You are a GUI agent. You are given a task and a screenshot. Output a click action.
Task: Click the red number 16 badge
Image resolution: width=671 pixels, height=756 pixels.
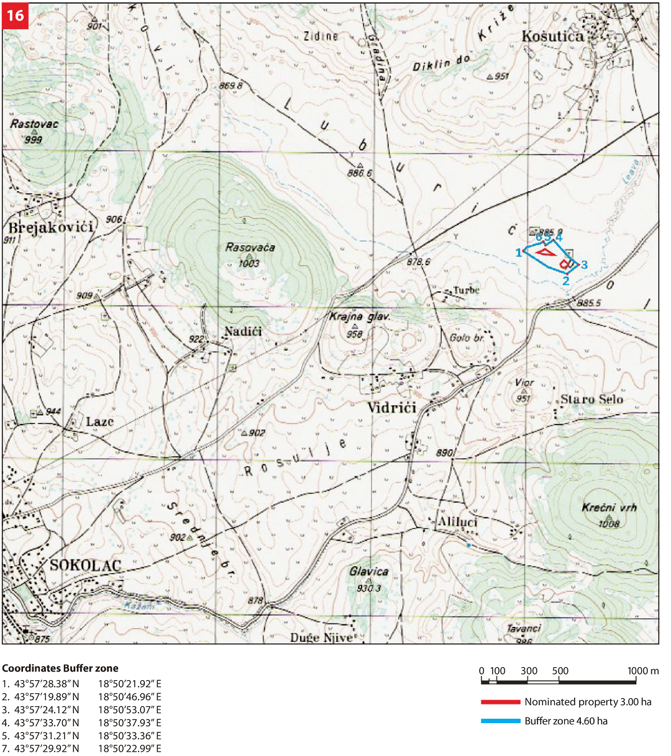tap(15, 15)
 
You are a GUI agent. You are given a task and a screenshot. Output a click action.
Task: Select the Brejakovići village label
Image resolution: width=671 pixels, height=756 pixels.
tap(51, 227)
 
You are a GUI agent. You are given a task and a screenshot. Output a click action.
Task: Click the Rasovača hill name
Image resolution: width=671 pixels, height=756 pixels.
tap(250, 248)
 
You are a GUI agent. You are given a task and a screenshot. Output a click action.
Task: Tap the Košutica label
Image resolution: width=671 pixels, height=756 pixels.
tap(553, 37)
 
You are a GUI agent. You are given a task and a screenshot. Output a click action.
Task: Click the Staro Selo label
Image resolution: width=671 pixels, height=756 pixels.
tap(591, 400)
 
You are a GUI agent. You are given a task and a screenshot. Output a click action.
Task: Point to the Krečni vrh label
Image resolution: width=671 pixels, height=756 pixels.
tap(609, 508)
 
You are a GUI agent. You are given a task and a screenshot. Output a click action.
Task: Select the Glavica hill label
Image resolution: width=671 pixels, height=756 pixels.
tap(369, 572)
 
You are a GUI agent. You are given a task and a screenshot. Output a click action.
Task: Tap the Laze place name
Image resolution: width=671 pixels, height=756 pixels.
tap(99, 422)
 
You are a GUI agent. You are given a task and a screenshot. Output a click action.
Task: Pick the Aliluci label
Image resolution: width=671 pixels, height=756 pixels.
tap(457, 522)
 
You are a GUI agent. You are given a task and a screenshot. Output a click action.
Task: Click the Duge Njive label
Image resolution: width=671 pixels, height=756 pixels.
tap(321, 637)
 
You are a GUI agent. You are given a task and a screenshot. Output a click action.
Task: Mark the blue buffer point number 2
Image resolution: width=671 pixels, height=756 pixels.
tap(565, 281)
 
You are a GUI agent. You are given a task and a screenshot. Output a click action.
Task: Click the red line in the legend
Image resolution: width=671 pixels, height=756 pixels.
tap(500, 702)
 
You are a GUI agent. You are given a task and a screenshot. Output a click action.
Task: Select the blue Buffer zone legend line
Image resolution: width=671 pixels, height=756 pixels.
tap(500, 721)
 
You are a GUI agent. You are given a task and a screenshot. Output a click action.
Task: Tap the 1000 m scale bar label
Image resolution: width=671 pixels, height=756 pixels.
tap(643, 671)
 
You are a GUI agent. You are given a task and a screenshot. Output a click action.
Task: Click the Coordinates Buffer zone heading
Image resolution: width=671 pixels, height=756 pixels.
tap(60, 668)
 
